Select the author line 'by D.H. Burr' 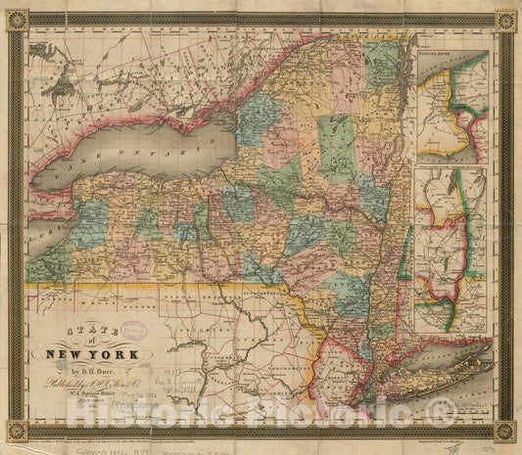98,372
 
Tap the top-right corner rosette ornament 506,21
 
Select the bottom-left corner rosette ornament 16,430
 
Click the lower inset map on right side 450,250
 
